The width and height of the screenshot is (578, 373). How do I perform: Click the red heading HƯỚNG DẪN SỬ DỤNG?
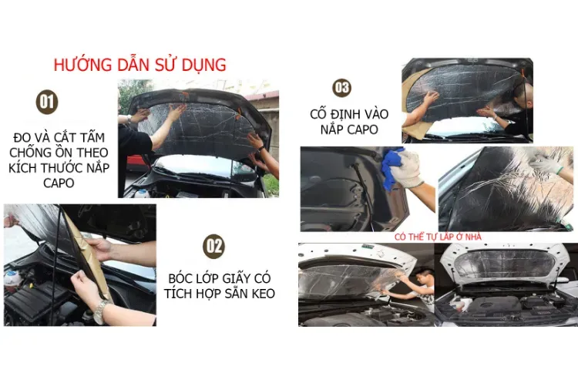click(x=140, y=64)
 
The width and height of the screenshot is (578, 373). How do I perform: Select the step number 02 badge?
click(x=213, y=246)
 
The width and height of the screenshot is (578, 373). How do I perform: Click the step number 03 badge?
click(x=341, y=87)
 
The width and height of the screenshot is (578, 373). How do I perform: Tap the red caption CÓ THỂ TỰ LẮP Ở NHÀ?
click(x=437, y=237)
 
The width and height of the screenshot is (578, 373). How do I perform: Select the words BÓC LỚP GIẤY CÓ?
click(x=220, y=277)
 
